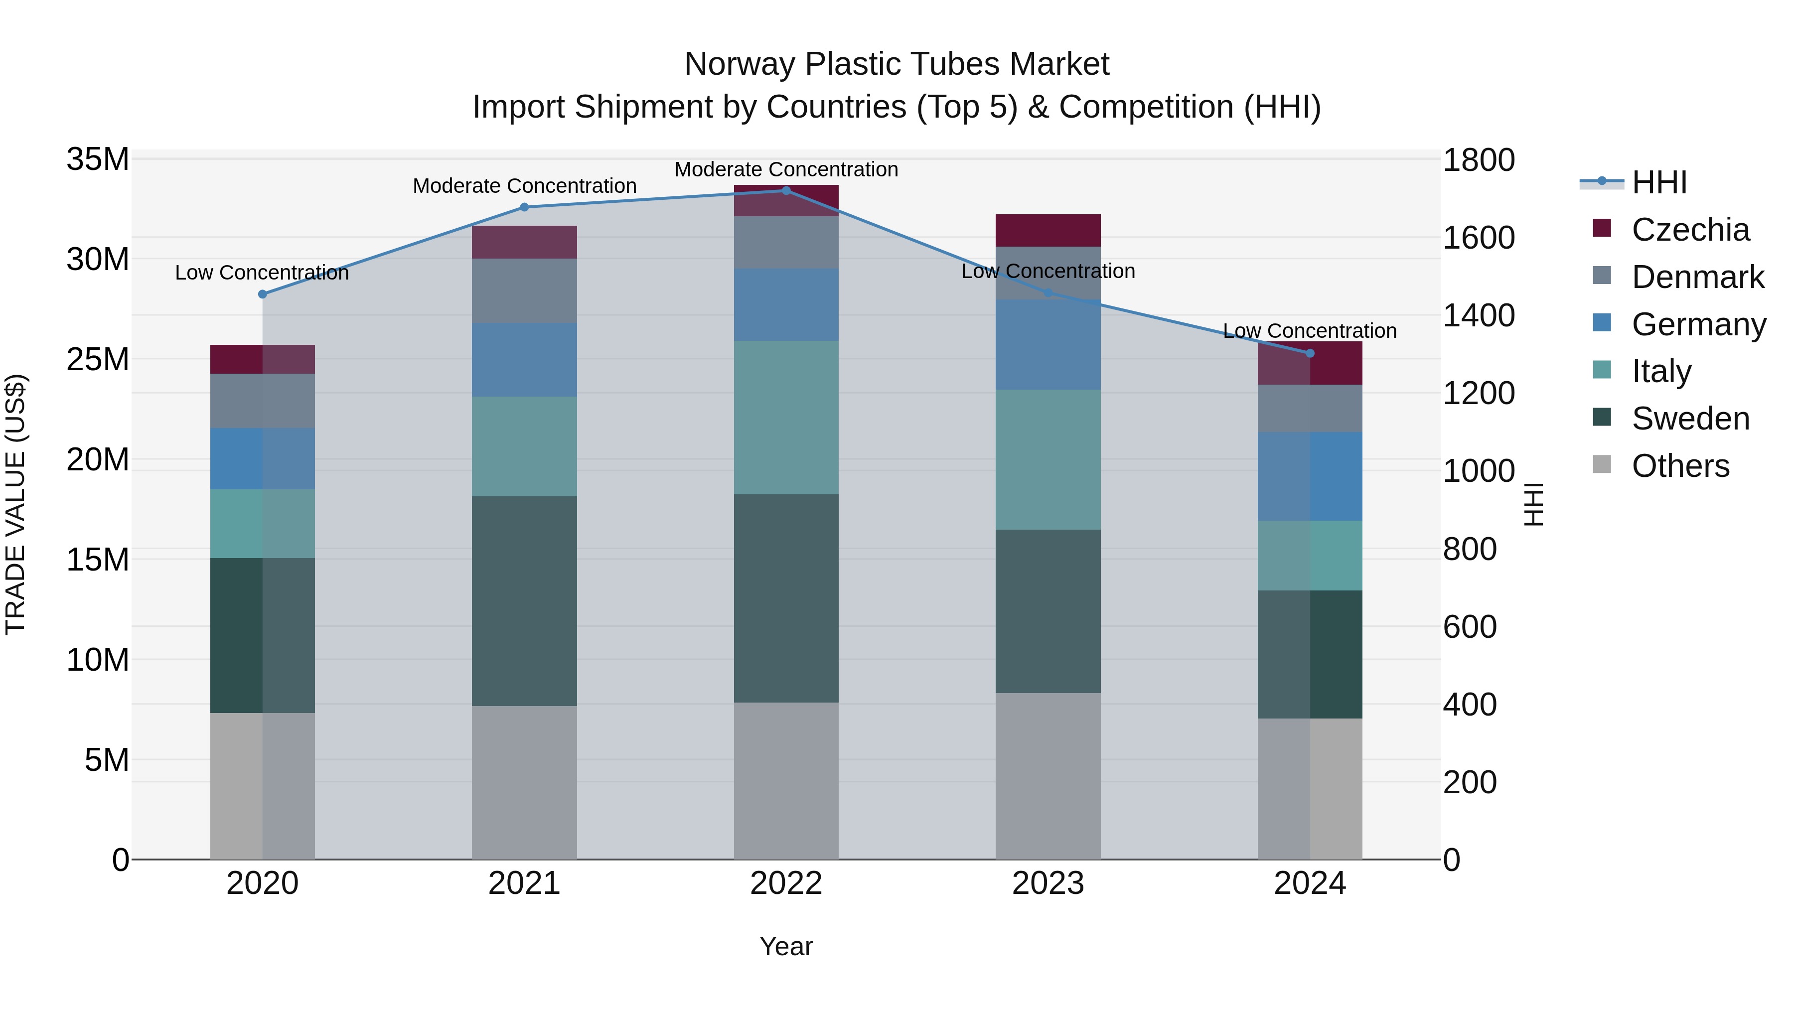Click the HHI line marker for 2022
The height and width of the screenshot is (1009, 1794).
[786, 191]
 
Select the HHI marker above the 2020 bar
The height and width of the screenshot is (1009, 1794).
[263, 294]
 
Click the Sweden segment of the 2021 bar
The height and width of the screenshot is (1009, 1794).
[524, 601]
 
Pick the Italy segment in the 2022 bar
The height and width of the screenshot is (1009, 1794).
[786, 418]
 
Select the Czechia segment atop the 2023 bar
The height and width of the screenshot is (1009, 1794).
[1048, 231]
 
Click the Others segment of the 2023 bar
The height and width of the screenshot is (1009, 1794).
[1048, 776]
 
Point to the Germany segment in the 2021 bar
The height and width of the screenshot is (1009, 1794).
[524, 360]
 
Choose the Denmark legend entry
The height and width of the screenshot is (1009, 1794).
[1697, 277]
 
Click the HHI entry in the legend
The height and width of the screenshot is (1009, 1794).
[1659, 182]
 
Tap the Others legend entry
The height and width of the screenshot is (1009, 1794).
[1680, 466]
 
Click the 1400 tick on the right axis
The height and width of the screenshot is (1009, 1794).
[1479, 315]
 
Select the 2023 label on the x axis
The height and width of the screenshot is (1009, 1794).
[1048, 883]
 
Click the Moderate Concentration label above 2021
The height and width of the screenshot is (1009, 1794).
[524, 186]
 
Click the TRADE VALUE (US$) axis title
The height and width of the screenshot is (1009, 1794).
[15, 504]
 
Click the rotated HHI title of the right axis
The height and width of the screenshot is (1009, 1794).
[1534, 504]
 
